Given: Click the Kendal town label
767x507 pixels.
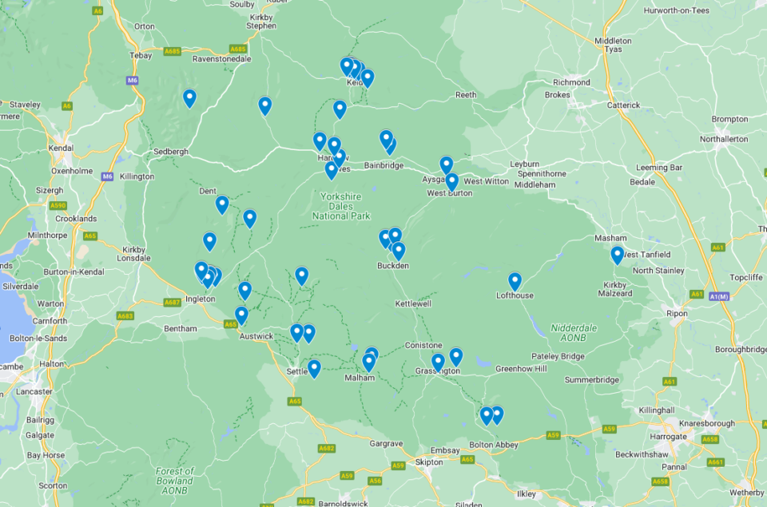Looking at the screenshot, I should click(61, 149).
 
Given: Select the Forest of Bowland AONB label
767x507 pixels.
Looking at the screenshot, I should click(174, 476).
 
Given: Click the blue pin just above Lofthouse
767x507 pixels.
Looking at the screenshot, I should click(515, 281).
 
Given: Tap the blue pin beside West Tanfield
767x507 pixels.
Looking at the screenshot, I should click(617, 255).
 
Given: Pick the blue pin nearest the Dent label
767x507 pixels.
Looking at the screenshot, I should click(222, 204).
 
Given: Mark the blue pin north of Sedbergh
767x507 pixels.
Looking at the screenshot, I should click(189, 98).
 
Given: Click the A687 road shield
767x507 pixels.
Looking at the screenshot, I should click(172, 303).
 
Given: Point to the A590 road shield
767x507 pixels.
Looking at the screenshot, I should click(58, 205).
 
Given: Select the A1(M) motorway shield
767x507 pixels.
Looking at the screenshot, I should click(718, 295).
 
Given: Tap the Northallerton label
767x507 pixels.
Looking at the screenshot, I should click(724, 139).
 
